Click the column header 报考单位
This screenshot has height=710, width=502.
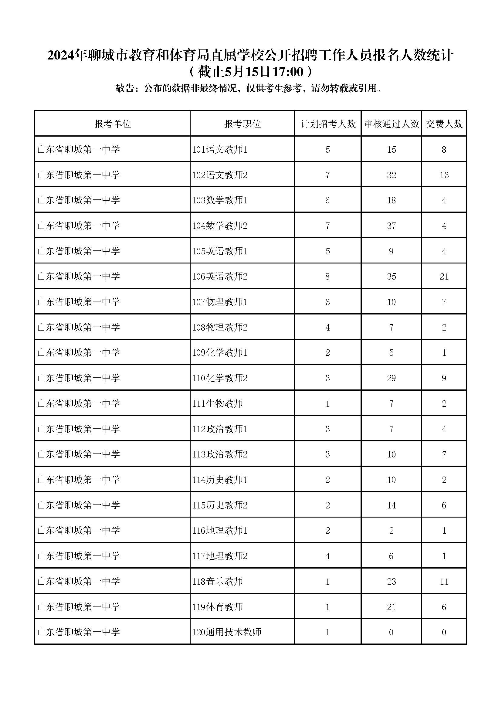pos(113,124)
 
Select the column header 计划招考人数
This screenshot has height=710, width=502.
pos(328,124)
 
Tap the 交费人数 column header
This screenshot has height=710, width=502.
pos(444,124)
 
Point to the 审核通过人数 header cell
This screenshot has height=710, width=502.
pos(391,124)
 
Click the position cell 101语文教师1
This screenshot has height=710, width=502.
pos(220,150)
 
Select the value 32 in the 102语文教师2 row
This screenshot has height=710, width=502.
pos(391,175)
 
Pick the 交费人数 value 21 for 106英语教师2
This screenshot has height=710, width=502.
pos(444,277)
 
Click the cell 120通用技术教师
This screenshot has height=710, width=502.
pos(227,632)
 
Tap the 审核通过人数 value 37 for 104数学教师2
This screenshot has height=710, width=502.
pos(391,226)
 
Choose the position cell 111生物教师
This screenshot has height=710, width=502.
pos(217,403)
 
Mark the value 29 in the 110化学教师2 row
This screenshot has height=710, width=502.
pos(391,378)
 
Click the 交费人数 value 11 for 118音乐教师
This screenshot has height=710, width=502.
pos(444,581)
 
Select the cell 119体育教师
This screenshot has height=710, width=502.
pos(217,607)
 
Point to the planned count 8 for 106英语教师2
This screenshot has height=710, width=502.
pos(328,277)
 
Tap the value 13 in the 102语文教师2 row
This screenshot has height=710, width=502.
pos(444,175)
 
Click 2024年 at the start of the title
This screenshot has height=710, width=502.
pos(66,56)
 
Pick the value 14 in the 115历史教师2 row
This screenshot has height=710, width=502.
pos(391,505)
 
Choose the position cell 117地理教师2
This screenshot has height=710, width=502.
pos(220,556)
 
